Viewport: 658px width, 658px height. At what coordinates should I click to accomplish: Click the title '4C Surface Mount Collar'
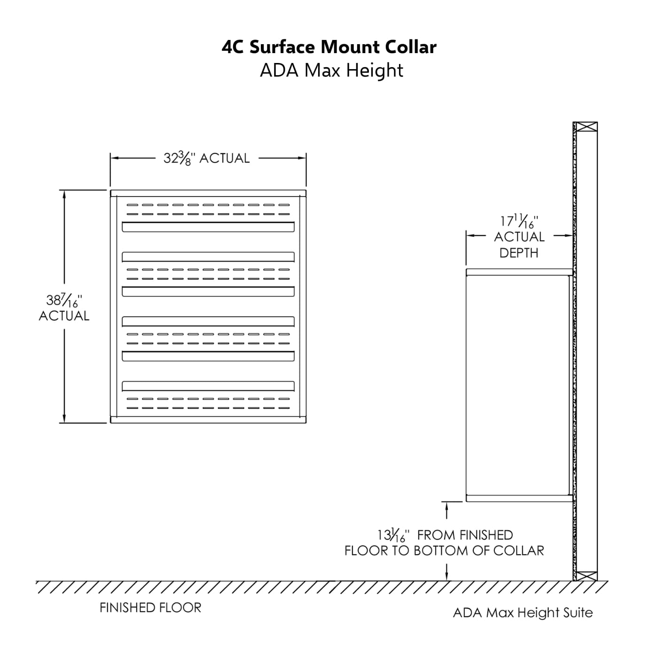pyautogui.click(x=329, y=47)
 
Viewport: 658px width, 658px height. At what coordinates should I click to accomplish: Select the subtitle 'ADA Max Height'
pyautogui.click(x=331, y=70)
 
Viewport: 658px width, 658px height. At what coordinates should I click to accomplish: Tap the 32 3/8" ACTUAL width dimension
pyautogui.click(x=206, y=158)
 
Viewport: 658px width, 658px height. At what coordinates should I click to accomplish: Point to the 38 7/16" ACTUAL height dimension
pyautogui.click(x=64, y=307)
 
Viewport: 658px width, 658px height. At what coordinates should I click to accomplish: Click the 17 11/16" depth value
pyautogui.click(x=519, y=221)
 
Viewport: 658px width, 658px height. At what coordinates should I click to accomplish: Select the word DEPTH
pyautogui.click(x=519, y=253)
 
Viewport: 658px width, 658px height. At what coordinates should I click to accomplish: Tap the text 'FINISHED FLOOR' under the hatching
pyautogui.click(x=150, y=608)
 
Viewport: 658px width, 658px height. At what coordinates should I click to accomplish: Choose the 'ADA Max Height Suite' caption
pyautogui.click(x=523, y=613)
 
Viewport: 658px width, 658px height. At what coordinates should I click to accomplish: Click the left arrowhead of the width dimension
pyautogui.click(x=114, y=158)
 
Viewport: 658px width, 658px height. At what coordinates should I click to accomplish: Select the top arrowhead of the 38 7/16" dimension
pyautogui.click(x=64, y=194)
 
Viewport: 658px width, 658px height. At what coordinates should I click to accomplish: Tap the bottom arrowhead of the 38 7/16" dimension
pyautogui.click(x=64, y=419)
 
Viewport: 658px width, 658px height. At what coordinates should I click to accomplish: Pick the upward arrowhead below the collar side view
pyautogui.click(x=446, y=506)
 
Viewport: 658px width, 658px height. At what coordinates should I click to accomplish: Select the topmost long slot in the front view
pyautogui.click(x=208, y=227)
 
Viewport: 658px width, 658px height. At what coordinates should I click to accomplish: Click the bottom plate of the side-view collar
pyautogui.click(x=519, y=498)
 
